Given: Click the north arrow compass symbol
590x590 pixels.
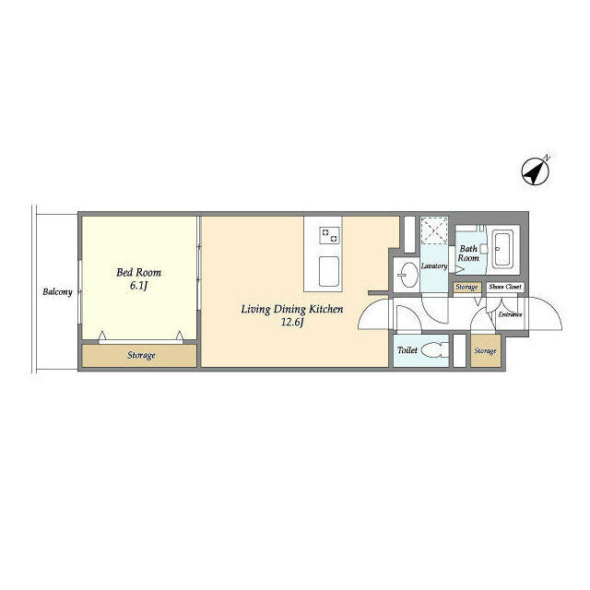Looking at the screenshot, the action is point(535,171).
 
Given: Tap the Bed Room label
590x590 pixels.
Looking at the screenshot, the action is point(138,273).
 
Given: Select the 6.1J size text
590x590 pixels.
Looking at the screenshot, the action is point(138,286).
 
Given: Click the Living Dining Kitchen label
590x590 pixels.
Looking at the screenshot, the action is point(292,310).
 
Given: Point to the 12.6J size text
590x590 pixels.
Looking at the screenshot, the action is point(292,323).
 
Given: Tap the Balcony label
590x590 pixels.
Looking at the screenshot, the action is point(57,292).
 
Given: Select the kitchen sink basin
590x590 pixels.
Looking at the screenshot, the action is point(329,271).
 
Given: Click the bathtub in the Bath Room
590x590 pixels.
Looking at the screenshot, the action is point(502,249).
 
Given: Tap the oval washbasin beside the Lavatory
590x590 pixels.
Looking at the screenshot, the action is point(408,274).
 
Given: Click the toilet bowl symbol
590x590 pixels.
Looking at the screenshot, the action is point(435,350).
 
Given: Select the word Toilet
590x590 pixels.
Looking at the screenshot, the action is point(407,350).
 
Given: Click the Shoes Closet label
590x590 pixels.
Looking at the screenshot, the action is point(505,287).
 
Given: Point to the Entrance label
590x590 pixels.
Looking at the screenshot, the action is point(510,314).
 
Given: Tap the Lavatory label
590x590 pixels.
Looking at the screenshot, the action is point(434,266).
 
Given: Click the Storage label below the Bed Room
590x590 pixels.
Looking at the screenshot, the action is point(141,356).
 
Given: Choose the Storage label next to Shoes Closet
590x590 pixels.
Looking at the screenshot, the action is point(466,287).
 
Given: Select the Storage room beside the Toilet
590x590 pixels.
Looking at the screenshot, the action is point(486,350).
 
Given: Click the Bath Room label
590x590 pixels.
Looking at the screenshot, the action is point(468,254).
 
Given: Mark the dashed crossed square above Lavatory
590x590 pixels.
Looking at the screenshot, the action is point(434,230).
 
